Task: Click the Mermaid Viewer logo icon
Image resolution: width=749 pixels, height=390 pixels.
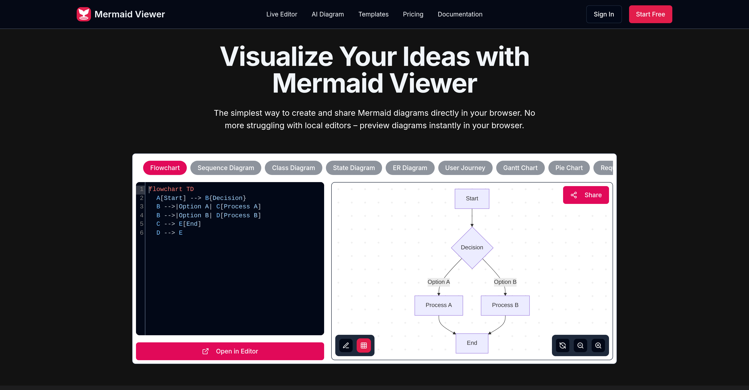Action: click(x=84, y=14)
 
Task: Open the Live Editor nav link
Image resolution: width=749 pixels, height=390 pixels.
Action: click(x=282, y=14)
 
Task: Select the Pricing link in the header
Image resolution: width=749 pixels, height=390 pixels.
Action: click(x=413, y=14)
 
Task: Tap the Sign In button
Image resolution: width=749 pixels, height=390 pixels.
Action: click(x=604, y=14)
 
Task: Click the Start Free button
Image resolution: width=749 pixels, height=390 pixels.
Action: click(x=650, y=14)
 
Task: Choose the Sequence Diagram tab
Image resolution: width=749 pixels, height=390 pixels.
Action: click(x=226, y=168)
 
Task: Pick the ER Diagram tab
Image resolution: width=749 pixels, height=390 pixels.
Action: click(x=410, y=168)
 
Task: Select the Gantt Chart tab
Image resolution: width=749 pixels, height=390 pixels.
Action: click(x=520, y=168)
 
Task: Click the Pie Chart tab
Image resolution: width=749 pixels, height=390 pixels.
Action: click(x=569, y=168)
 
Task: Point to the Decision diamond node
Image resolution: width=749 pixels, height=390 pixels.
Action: click(x=472, y=247)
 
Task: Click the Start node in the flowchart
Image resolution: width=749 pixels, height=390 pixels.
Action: click(x=472, y=199)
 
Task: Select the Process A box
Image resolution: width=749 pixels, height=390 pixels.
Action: click(x=438, y=305)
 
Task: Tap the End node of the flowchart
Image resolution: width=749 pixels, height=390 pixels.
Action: click(x=472, y=343)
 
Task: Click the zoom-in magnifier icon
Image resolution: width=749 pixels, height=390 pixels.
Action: click(x=598, y=345)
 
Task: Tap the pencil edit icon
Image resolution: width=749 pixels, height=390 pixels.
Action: click(x=346, y=345)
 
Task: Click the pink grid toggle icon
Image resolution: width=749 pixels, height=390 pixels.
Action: click(x=363, y=345)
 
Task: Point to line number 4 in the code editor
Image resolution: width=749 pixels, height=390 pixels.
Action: click(x=142, y=215)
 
